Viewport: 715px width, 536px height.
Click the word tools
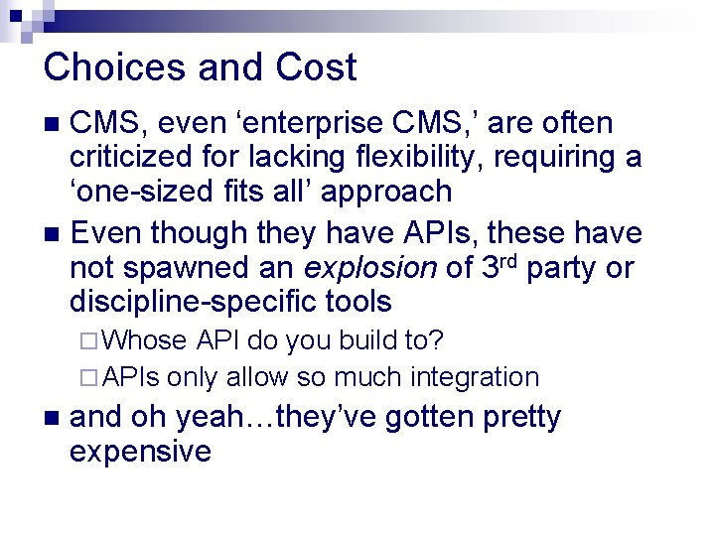(357, 302)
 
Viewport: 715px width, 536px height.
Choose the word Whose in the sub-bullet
(144, 340)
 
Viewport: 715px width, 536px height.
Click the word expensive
(140, 453)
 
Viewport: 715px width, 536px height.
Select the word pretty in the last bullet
(521, 418)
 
